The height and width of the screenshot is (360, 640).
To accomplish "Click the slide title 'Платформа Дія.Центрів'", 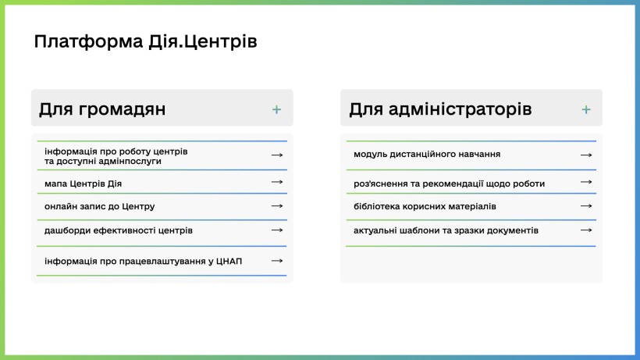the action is click(145, 41).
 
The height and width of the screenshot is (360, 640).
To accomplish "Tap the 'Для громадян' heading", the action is click(102, 109).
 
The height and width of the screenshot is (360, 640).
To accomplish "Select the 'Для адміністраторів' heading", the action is click(440, 109).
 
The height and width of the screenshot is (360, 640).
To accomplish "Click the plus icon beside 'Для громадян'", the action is click(277, 109).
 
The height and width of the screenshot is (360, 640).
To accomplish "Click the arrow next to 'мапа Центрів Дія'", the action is click(277, 182).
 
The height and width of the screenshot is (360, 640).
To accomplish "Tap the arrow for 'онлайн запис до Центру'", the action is click(277, 206).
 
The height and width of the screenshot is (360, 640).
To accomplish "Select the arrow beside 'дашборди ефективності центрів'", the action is click(277, 230).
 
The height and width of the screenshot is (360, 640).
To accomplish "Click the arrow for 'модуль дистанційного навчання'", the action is click(586, 155).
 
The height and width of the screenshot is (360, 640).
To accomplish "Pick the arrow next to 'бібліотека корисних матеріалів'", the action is click(586, 206).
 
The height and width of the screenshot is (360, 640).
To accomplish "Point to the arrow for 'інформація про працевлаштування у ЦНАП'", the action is click(277, 261).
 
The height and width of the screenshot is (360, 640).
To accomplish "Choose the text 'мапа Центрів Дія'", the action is click(83, 184).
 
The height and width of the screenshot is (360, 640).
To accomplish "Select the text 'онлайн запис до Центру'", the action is click(100, 206).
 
